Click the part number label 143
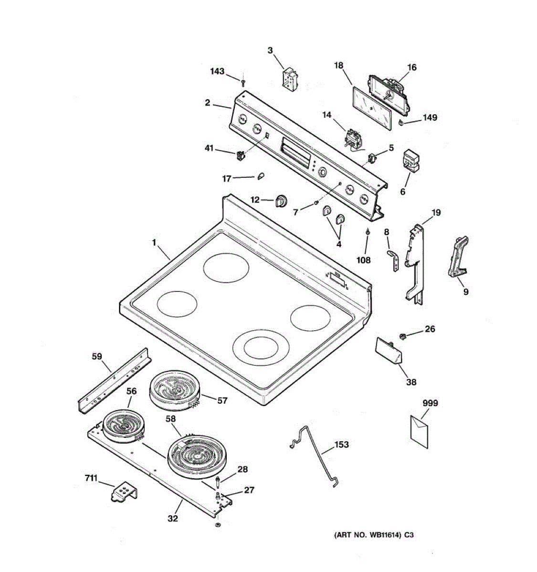pos(217,71)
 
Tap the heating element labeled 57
pos(176,390)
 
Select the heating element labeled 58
pos(199,455)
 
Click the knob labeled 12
pos(282,201)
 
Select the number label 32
pos(173,518)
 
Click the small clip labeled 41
pos(241,154)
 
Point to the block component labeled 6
pos(410,160)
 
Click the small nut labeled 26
pos(403,336)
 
